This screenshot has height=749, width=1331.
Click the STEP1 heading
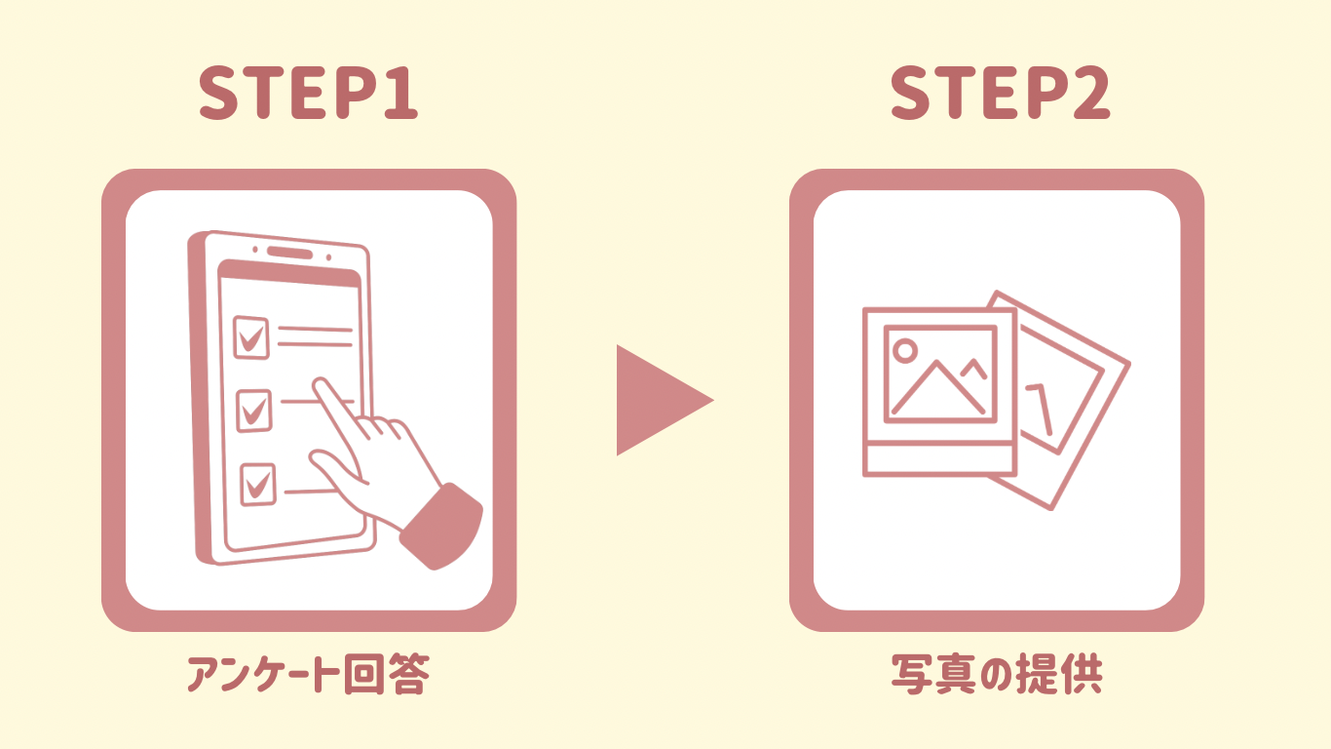308,93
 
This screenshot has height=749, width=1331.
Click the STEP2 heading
1000,93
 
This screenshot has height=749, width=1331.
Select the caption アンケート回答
308,674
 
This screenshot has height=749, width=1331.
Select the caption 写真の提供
997,674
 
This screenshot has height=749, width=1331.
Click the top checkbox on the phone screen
250,337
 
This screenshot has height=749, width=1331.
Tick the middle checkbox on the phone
253,411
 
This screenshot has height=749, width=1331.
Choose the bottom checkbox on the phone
258,485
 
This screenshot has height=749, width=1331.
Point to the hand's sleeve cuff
440,527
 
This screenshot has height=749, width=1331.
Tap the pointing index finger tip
321,384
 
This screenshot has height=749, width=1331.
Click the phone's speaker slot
289,253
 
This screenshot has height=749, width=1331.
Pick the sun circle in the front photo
905,350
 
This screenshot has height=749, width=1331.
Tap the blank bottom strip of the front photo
939,459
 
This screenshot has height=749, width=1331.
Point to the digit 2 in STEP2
1090,93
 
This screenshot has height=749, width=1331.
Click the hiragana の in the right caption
996,675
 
